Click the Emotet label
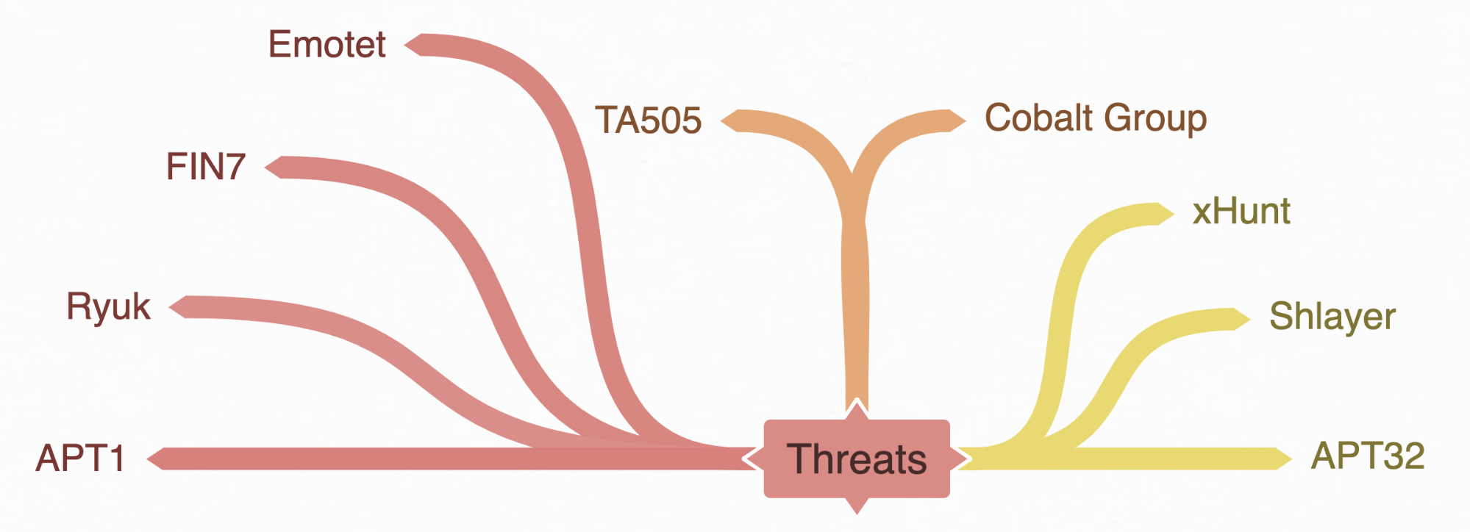point(327,45)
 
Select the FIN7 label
point(205,167)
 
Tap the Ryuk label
point(108,306)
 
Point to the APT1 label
point(80,458)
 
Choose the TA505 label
point(648,121)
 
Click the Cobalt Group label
point(1095,118)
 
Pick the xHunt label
point(1241,212)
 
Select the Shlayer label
point(1332,317)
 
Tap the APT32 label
point(1367,456)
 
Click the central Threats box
point(857,459)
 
